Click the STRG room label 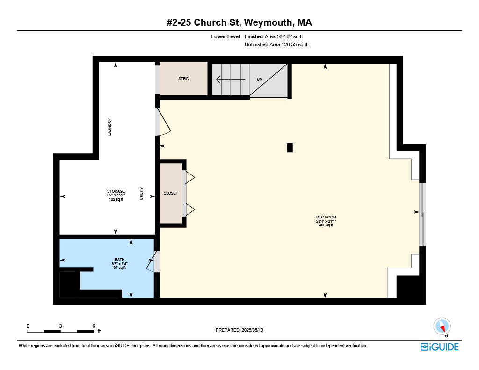point(183,79)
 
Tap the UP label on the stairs point(259,80)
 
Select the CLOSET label point(170,193)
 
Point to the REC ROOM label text point(326,217)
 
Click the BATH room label point(119,260)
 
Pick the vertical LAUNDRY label point(109,127)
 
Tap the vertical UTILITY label point(141,193)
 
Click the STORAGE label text point(116,191)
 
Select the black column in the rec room point(290,148)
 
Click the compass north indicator point(442,326)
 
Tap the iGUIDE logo point(440,347)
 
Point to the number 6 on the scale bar point(94,326)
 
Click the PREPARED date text point(239,330)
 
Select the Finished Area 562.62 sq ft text point(274,36)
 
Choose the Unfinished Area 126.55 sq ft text point(276,44)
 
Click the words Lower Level point(225,36)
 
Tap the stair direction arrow point(231,80)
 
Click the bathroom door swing point(151,261)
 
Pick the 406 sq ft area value point(326,225)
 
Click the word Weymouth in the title point(269,22)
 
